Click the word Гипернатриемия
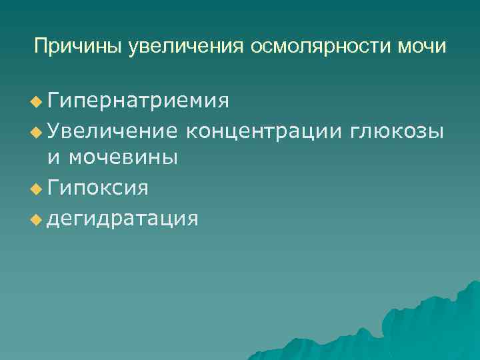click(x=139, y=101)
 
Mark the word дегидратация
click(x=122, y=217)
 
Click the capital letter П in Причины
click(x=41, y=47)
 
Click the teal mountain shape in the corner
click(x=427, y=327)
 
